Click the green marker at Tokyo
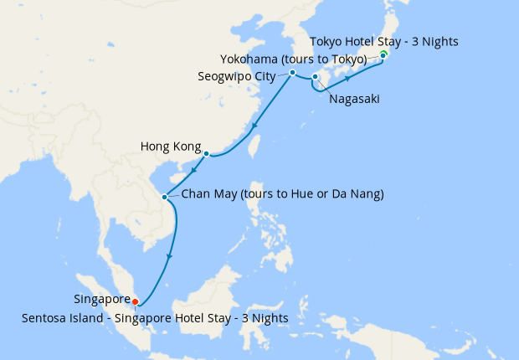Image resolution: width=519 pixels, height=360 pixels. (x=383, y=54)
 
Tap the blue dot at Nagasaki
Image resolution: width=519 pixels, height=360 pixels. (x=315, y=78)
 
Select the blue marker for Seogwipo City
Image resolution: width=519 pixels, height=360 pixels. (x=292, y=73)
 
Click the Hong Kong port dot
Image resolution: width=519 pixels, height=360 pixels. (x=206, y=153)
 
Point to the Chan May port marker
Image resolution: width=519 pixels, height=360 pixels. (x=165, y=197)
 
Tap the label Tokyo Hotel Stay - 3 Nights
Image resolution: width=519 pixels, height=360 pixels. (x=384, y=41)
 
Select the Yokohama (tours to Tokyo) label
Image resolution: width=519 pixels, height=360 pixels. (x=293, y=59)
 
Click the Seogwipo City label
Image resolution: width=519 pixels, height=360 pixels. (x=237, y=75)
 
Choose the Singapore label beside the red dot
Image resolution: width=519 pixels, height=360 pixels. (x=101, y=299)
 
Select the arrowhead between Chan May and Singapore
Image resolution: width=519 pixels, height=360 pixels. (x=170, y=255)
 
